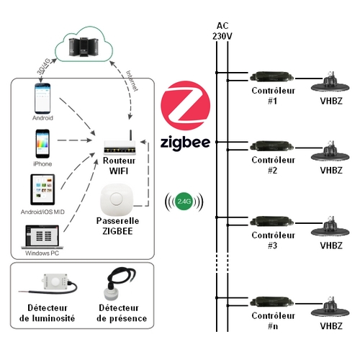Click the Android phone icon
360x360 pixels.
42,98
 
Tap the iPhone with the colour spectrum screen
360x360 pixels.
42,143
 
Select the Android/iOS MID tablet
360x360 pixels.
42,189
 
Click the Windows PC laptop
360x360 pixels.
42,237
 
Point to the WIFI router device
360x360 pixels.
120,144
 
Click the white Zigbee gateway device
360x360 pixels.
117,199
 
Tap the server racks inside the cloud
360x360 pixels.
84,47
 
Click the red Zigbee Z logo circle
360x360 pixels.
185,106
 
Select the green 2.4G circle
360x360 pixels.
184,202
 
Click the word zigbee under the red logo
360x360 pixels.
185,143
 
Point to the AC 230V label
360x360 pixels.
222,31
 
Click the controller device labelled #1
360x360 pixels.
271,77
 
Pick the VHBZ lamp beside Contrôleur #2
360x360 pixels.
330,153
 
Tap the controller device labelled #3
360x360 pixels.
271,222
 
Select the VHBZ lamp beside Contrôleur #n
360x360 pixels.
330,308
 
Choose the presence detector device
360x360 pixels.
120,284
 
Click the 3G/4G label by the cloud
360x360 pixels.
44,66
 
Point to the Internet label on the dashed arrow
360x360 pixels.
132,81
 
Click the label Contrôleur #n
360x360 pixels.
273,320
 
